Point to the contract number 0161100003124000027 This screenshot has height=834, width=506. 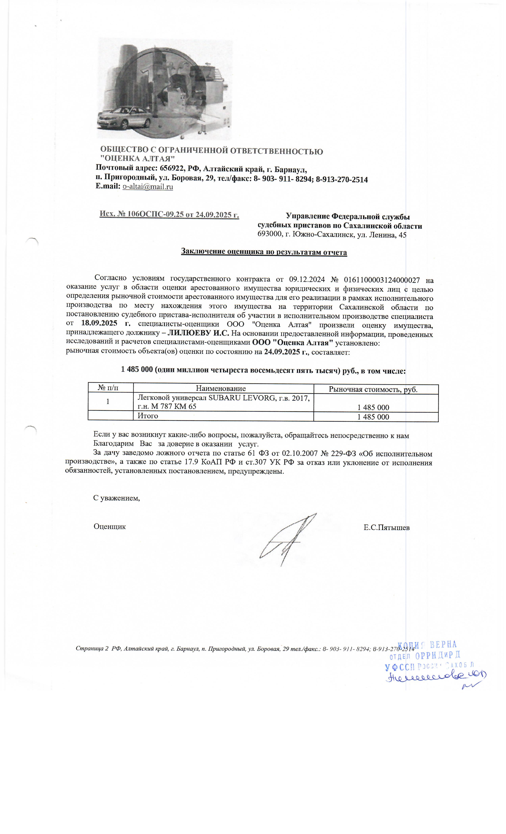[382, 280]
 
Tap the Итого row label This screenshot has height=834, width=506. [148, 416]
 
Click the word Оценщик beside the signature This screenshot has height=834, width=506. [110, 526]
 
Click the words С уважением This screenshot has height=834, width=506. [116, 498]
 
